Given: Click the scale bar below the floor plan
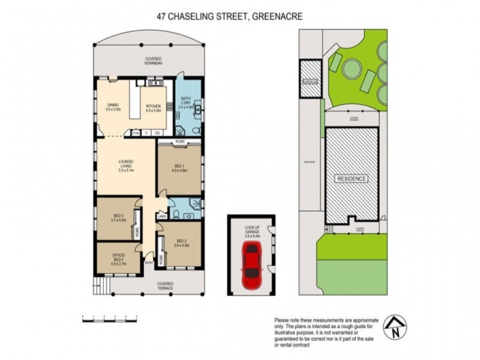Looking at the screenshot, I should coord(109,318).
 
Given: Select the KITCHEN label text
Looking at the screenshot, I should coord(153,108).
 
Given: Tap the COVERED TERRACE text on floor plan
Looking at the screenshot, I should coord(165,286).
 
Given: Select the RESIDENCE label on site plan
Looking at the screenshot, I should coord(352,179).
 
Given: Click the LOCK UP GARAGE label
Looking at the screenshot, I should coord(251,230).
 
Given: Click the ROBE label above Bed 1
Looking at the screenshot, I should coord(179,142).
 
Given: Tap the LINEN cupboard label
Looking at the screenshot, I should coord(161,217).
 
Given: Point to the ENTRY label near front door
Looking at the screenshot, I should coord(148,261).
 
